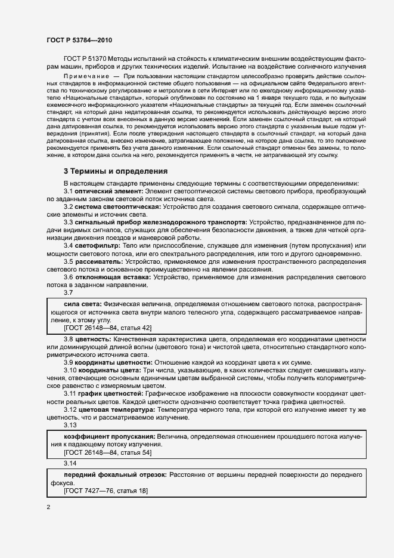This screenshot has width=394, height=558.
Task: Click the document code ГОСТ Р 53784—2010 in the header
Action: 79,40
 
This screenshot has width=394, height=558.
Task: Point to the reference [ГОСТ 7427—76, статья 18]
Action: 105,491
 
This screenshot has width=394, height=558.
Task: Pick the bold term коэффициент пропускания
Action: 100,437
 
